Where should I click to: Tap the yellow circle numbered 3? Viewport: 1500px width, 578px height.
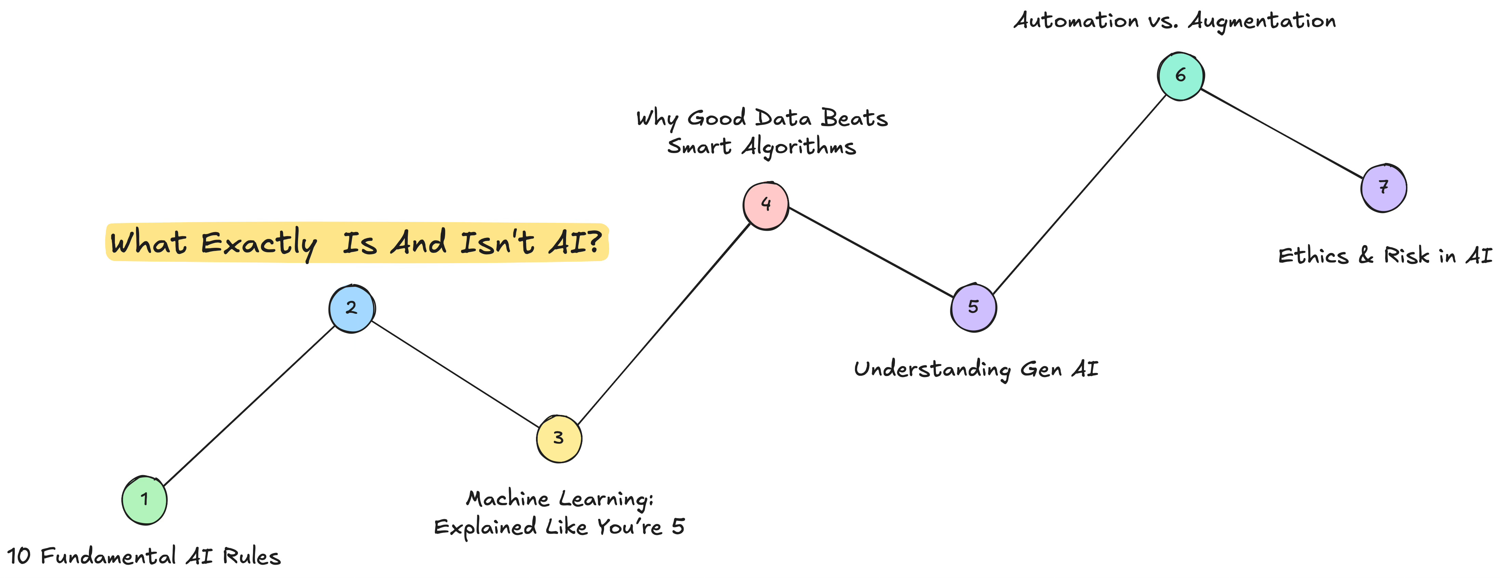click(x=559, y=438)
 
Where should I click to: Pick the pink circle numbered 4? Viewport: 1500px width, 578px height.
click(x=766, y=205)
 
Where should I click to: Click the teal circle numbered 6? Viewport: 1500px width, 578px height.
click(x=1180, y=76)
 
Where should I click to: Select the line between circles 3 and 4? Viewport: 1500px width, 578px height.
click(x=664, y=323)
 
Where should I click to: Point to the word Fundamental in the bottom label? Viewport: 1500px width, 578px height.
click(x=108, y=556)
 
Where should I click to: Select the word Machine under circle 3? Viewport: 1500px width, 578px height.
click(x=508, y=499)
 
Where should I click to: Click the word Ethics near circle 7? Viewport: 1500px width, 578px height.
click(x=1313, y=256)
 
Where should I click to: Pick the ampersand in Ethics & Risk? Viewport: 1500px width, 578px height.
click(x=1366, y=256)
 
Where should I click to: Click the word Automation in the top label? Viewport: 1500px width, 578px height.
click(x=1076, y=21)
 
